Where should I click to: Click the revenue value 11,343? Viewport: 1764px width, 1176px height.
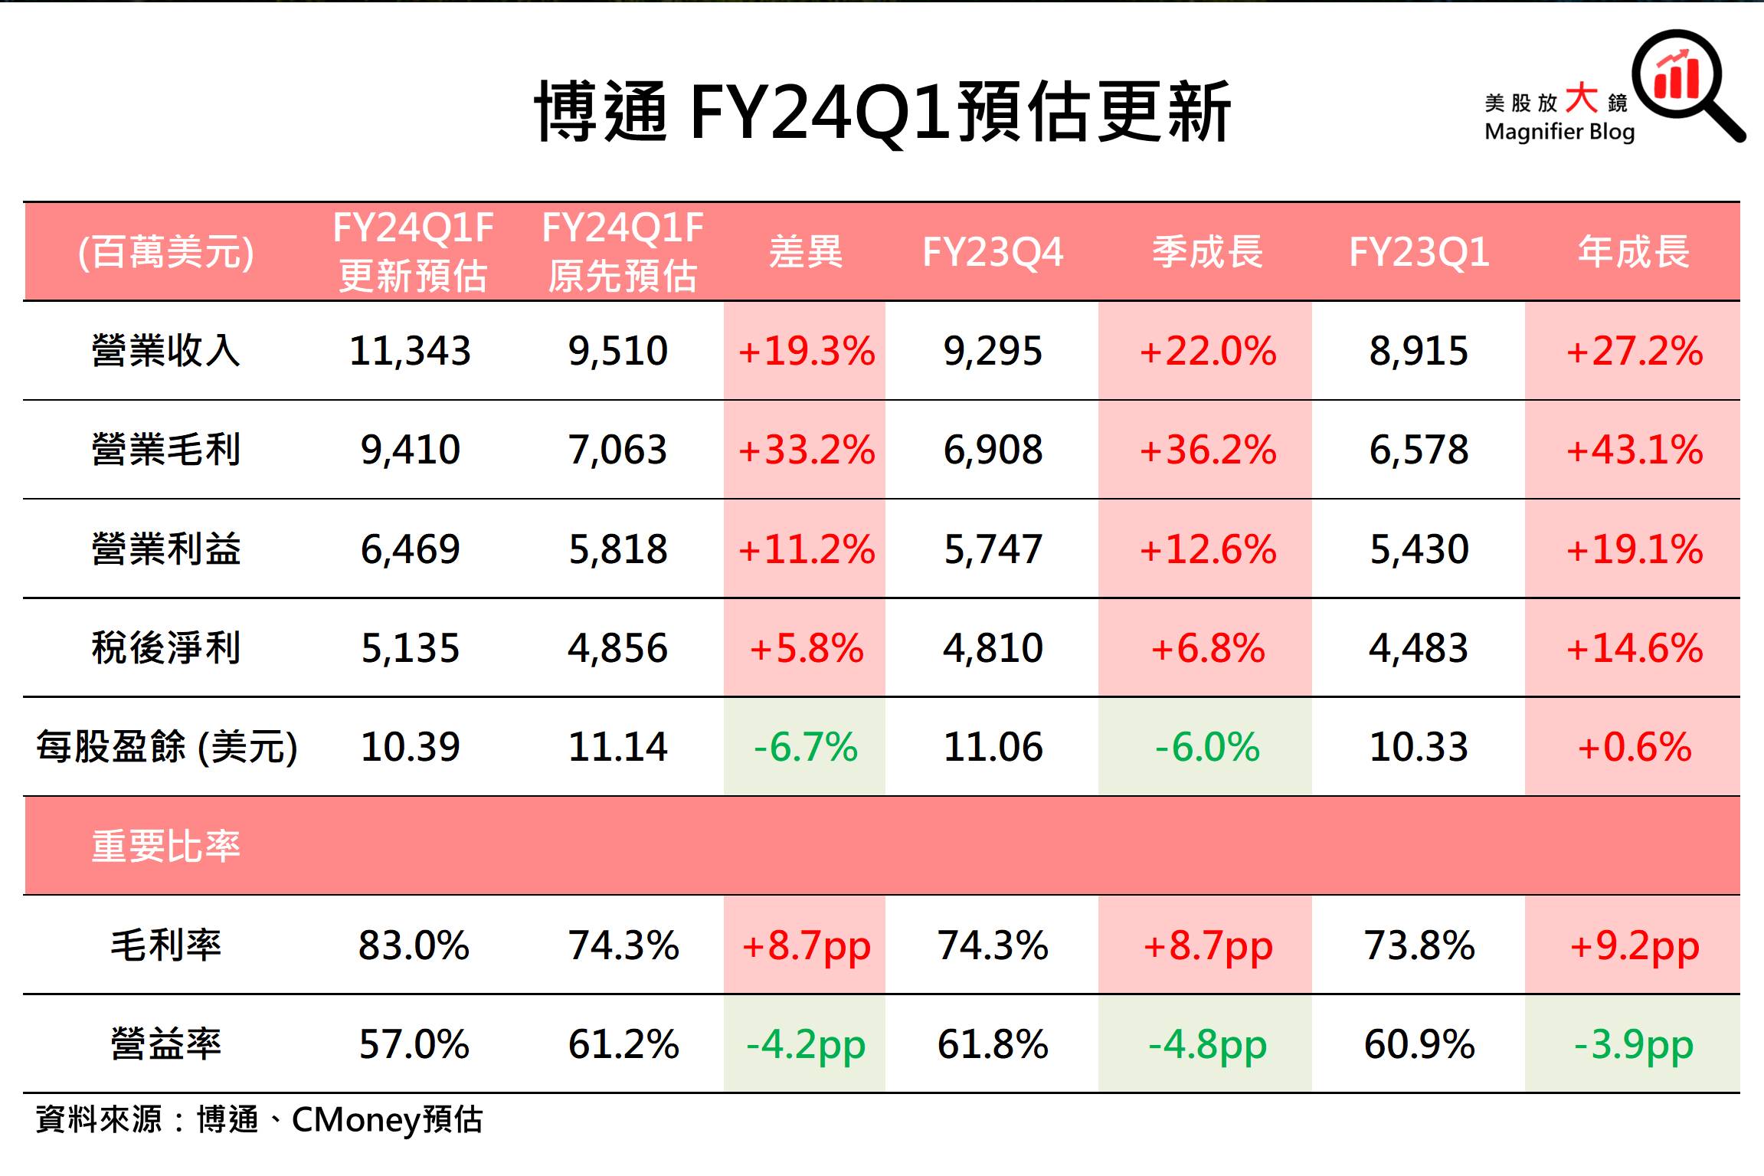tap(410, 351)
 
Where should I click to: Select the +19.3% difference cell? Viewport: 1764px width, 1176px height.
tap(806, 351)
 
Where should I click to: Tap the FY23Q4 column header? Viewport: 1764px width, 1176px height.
tap(993, 252)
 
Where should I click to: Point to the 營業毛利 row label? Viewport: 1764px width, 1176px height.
tap(165, 450)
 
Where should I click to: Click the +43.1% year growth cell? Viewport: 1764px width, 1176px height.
tap(1634, 450)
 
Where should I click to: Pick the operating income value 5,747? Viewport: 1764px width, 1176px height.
tap(993, 549)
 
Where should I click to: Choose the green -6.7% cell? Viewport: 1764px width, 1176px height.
tap(806, 747)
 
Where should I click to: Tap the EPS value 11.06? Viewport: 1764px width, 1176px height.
tap(993, 747)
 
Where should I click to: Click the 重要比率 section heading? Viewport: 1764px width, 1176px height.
tap(165, 847)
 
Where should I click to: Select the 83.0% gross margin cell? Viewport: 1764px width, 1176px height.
tap(414, 945)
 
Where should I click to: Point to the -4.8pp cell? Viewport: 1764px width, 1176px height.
tap(1207, 1044)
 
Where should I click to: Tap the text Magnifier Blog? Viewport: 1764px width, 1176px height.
tap(1559, 132)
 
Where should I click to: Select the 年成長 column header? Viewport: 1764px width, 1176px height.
tap(1634, 252)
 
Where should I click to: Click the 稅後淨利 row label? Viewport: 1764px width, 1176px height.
tap(165, 648)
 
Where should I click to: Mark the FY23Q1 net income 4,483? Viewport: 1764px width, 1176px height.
tap(1419, 648)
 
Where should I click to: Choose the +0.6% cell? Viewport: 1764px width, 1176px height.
tap(1634, 747)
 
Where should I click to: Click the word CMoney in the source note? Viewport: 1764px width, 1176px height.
tap(356, 1120)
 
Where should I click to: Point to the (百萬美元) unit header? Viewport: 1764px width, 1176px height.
tap(165, 252)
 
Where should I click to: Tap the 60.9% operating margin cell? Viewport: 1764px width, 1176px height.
tap(1419, 1044)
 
